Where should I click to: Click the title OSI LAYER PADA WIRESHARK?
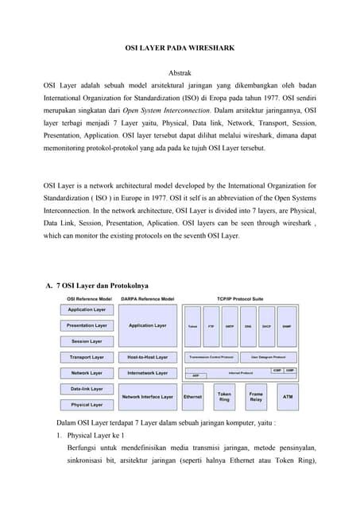pos(180,49)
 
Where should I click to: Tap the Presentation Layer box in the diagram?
pos(86,325)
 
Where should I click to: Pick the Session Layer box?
pos(86,341)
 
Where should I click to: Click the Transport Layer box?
pos(86,357)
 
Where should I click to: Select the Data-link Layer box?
pos(86,389)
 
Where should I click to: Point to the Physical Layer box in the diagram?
pos(86,404)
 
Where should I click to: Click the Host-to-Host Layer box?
pos(148,357)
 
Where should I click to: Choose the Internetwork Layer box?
pos(148,372)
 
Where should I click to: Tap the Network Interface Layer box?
pos(148,396)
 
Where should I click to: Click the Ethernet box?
pos(192,396)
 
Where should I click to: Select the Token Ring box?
pos(224,395)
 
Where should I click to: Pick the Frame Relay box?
pos(256,395)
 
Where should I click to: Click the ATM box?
pos(287,395)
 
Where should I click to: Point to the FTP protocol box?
pos(211,326)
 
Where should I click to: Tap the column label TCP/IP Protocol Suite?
pos(239,298)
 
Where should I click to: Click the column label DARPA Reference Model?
pos(148,298)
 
